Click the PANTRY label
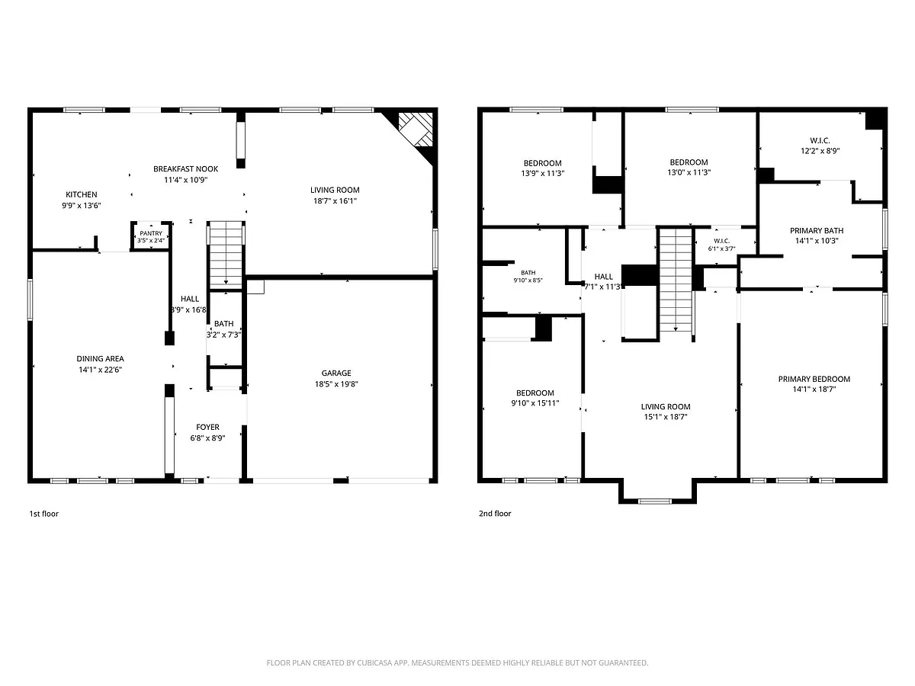pos(151,233)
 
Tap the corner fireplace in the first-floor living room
pos(416,129)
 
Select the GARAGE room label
pos(336,373)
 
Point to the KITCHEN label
pos(82,194)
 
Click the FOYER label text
pos(207,427)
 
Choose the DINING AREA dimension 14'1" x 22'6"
pos(100,370)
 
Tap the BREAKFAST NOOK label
pos(185,168)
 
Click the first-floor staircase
pos(226,254)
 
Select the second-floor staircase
pos(676,280)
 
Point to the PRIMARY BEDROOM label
pos(814,379)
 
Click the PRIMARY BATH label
pos(817,230)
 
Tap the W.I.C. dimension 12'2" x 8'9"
pos(820,151)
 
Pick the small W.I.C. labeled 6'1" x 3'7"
pos(721,245)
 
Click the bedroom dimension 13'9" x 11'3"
pos(542,173)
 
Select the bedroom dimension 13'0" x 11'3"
pos(689,172)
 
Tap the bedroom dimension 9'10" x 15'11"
pos(535,403)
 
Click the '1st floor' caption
pos(43,514)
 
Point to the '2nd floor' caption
pos(495,514)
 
